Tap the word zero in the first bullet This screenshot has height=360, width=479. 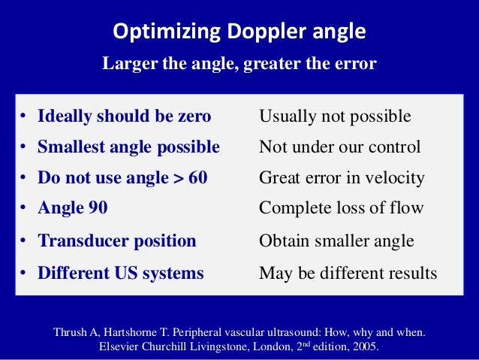coord(193,116)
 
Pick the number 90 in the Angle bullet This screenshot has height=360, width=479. coord(97,208)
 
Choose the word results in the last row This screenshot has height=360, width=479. coord(410,273)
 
